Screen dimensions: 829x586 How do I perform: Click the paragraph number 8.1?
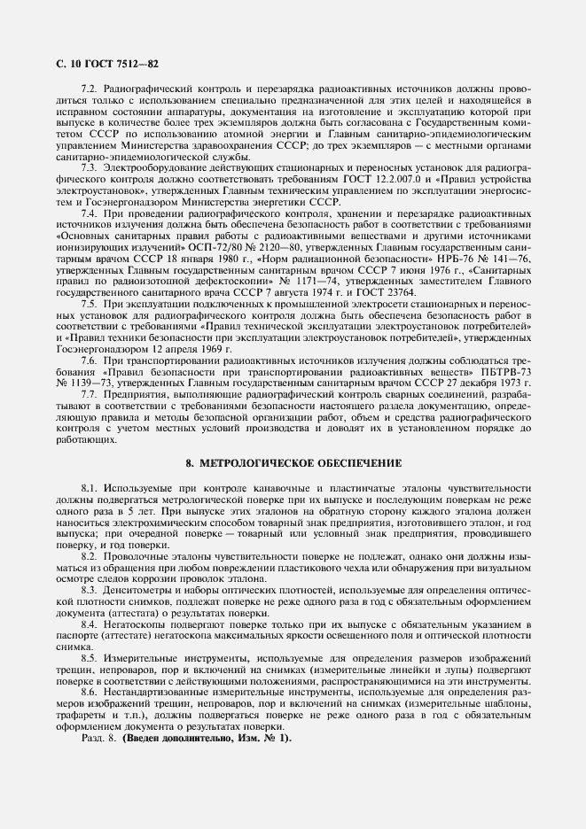click(90, 488)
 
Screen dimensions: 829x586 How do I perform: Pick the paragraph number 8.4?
click(90, 624)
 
